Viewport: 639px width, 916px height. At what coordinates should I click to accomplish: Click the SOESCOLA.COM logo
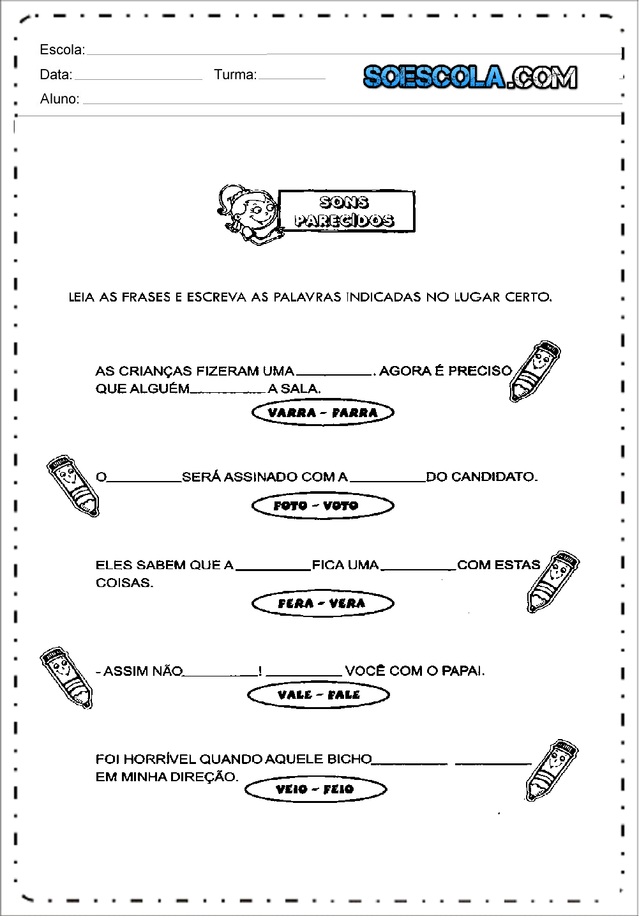tap(470, 77)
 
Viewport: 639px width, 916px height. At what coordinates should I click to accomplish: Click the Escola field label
tap(62, 50)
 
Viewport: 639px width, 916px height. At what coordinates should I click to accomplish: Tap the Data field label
tap(56, 75)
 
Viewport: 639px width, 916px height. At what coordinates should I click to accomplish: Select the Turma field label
tap(235, 75)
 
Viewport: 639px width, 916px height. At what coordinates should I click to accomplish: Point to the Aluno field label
tap(59, 99)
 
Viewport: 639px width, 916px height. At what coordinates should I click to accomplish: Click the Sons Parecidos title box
tap(346, 211)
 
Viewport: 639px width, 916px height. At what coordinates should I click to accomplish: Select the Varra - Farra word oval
tap(322, 413)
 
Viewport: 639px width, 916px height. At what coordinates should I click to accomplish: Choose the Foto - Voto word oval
tap(322, 506)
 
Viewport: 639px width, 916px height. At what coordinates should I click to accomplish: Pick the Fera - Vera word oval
tap(322, 604)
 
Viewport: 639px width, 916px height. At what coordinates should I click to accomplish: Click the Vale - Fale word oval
tap(318, 695)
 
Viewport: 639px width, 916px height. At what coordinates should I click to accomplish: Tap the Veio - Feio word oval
tap(315, 790)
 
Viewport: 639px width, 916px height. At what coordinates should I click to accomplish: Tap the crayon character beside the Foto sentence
tap(73, 485)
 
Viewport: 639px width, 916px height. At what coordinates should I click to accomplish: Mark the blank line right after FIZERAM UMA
tap(335, 372)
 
